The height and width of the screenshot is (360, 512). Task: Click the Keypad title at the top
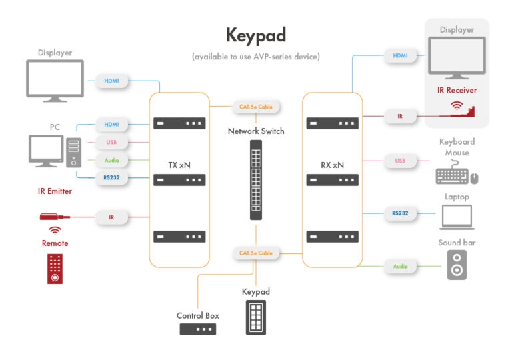pos(256,34)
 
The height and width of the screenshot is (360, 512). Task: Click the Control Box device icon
pos(198,329)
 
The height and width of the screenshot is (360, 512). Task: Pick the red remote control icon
pos(55,268)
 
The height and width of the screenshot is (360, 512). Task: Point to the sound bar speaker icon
pos(457,265)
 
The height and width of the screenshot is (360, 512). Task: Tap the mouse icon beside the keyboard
pos(474,178)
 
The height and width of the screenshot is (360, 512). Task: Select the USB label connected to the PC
pos(111,142)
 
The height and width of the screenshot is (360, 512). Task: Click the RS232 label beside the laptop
pos(399,214)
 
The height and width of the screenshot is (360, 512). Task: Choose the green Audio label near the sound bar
pos(400,266)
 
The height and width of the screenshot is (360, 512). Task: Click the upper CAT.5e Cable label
pos(256,107)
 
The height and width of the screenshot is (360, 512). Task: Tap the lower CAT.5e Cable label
pos(256,253)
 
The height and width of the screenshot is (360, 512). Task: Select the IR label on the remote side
pos(111,217)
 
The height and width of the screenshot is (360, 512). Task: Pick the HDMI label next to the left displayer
pos(111,81)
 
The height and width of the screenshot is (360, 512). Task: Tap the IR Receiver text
pos(457,90)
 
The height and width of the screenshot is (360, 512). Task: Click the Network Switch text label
pos(256,131)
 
